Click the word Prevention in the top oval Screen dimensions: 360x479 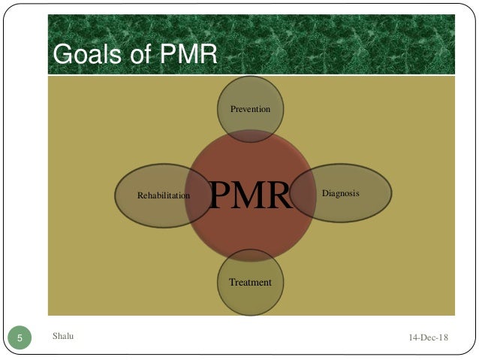pos(250,110)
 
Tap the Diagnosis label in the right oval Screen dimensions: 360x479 pos(340,194)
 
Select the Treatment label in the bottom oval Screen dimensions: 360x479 pos(250,283)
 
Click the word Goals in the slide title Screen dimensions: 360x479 pos(80,55)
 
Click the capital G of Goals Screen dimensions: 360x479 pos(58,55)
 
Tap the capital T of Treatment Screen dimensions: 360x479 pos(232,283)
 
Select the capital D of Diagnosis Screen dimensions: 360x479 pos(325,194)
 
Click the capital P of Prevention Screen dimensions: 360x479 pos(233,110)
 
